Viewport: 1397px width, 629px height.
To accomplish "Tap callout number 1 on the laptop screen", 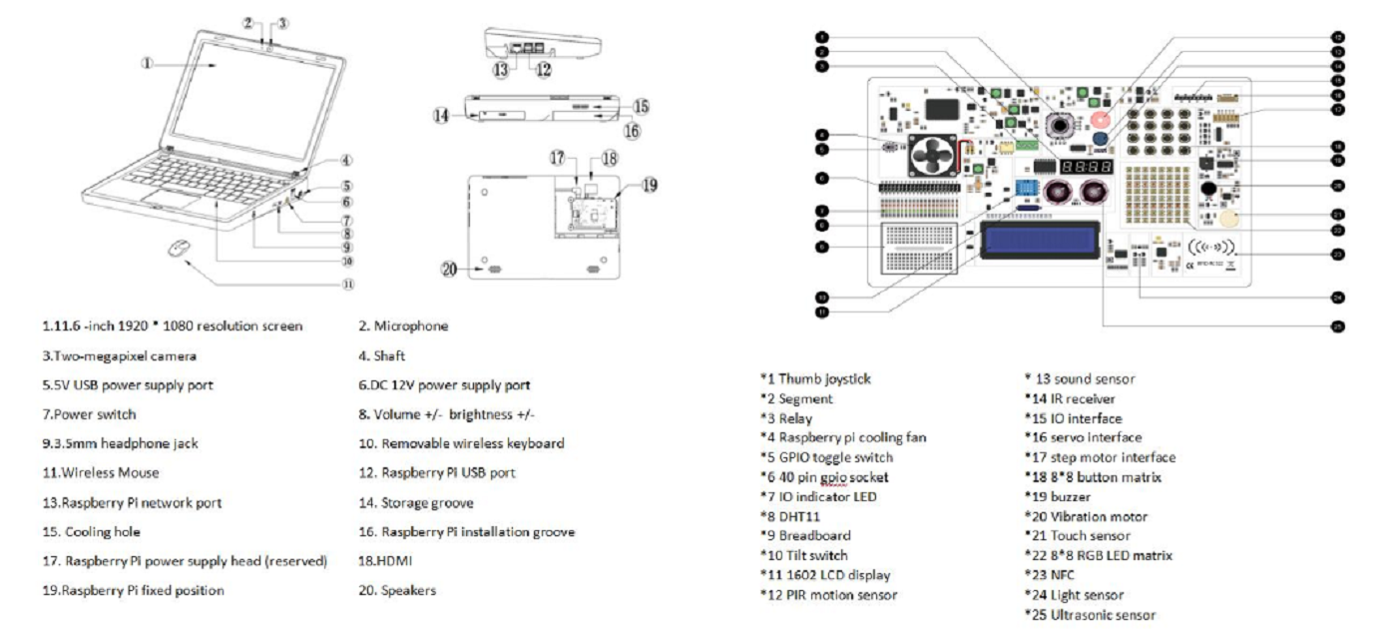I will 147,63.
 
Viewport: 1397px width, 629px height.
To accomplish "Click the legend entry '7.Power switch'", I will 89,414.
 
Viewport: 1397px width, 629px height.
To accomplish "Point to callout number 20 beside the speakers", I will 450,269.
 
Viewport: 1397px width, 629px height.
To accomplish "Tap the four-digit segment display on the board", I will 1087,166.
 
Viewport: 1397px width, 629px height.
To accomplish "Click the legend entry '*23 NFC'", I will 1050,575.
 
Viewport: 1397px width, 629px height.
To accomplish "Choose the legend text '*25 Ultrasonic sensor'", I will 1090,615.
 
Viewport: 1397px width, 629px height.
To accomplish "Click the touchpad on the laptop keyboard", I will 167,203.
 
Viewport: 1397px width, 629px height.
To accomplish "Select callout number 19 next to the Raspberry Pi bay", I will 649,185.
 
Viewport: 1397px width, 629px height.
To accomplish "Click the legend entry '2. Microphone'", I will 403,325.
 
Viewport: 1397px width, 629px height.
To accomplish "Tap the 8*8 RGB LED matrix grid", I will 1151,195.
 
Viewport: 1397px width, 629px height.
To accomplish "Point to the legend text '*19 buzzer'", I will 1058,496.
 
